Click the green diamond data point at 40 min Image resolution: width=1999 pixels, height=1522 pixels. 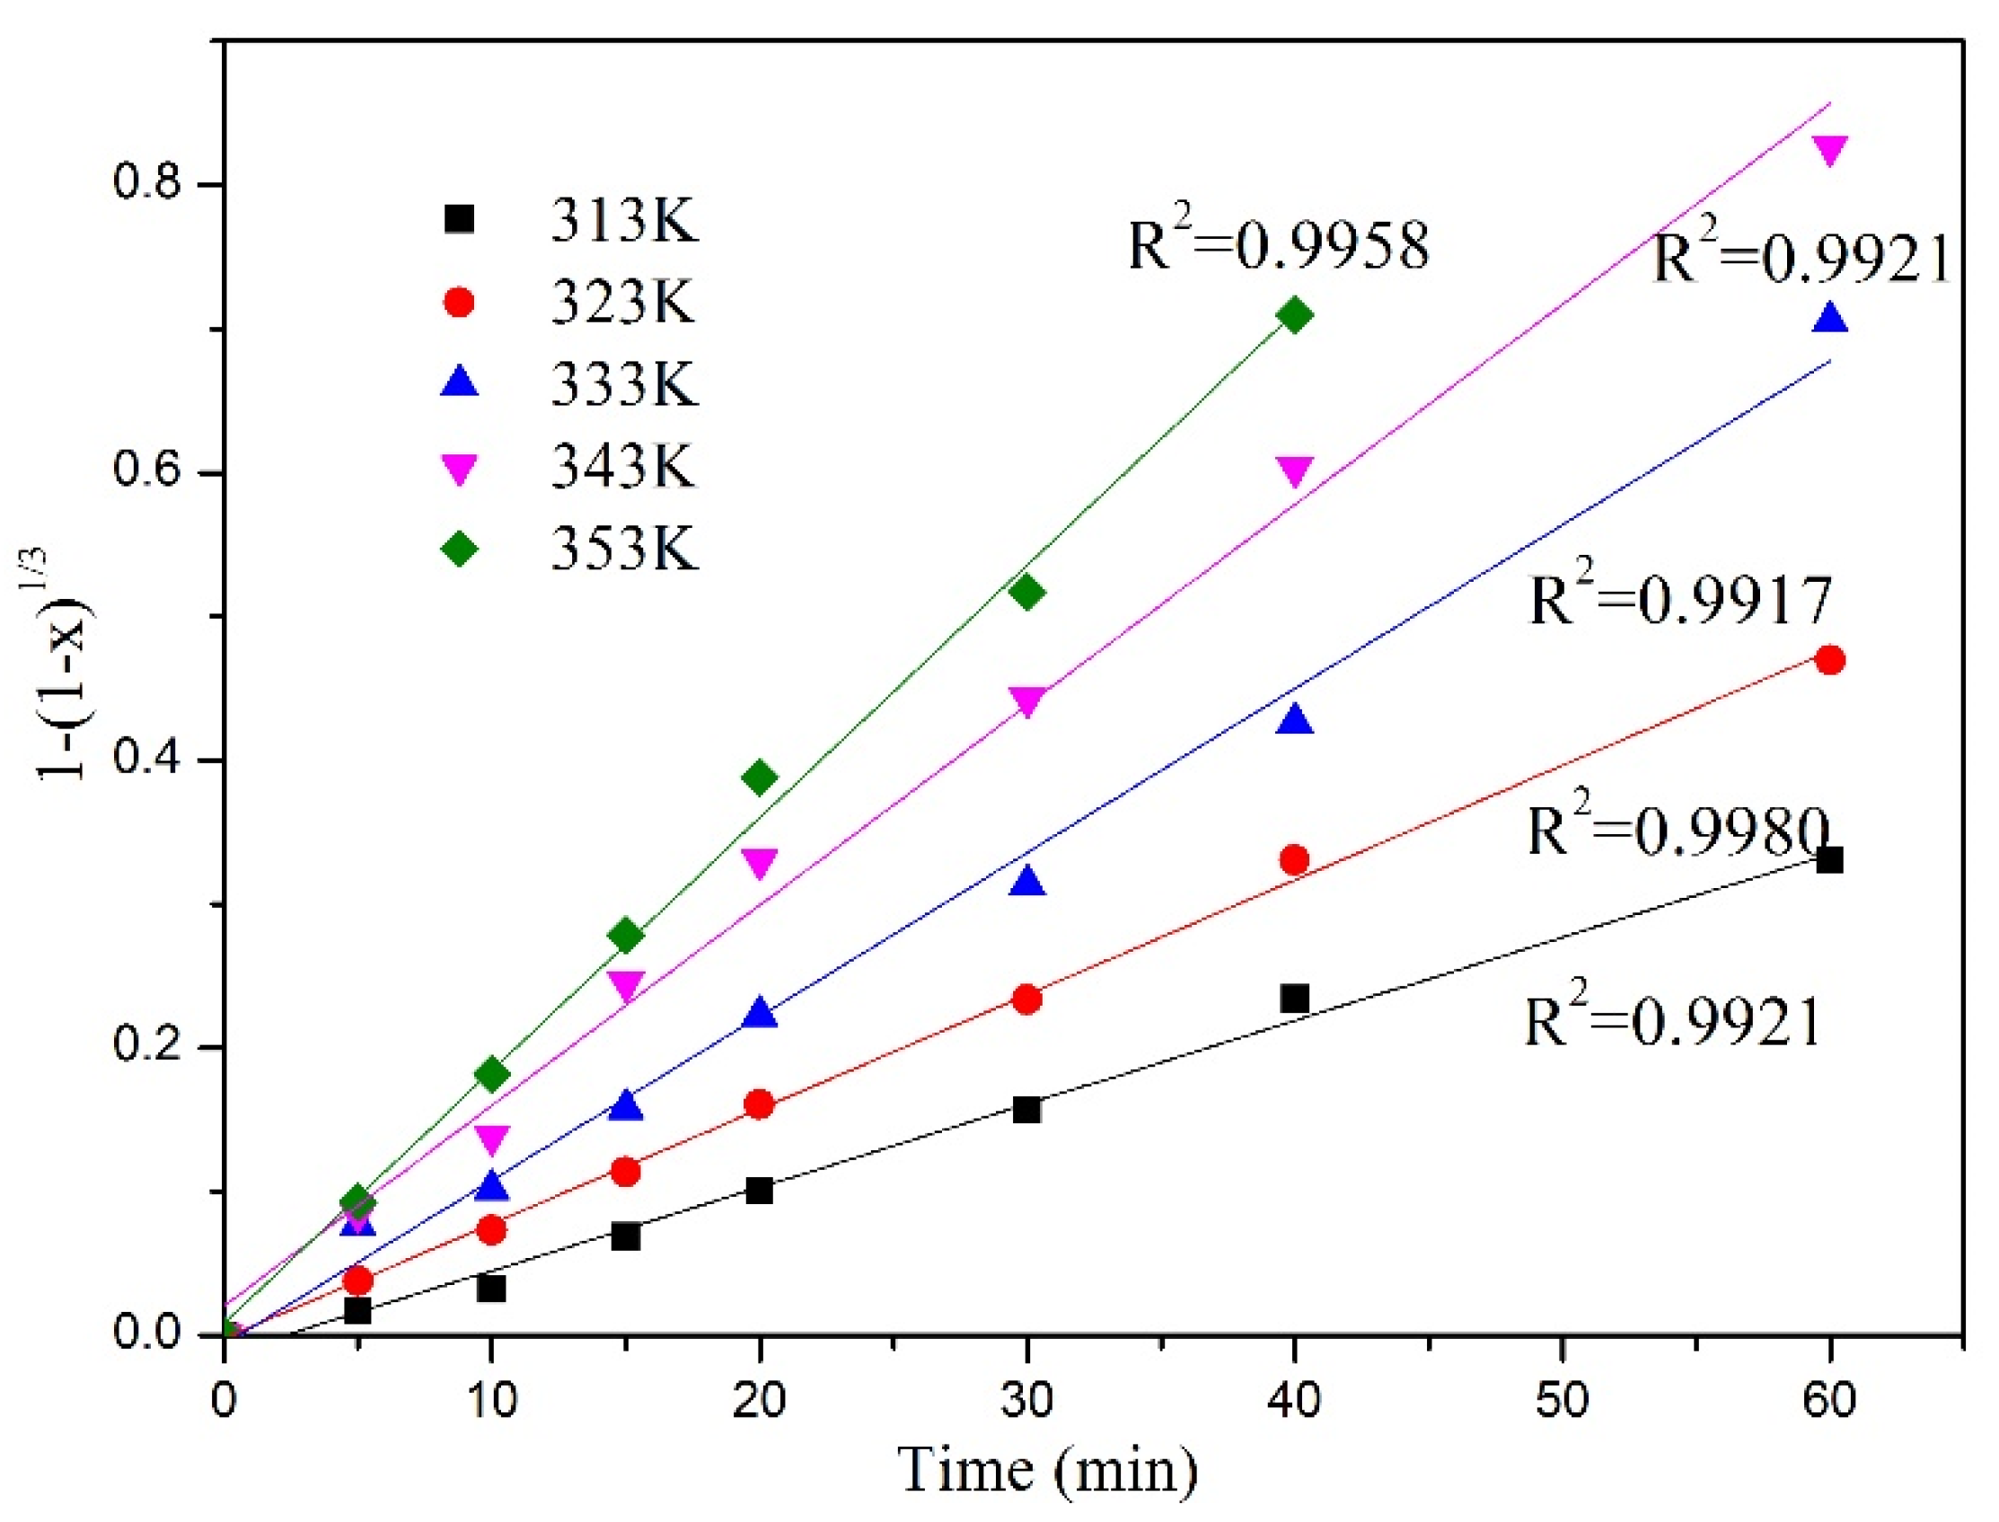1294,315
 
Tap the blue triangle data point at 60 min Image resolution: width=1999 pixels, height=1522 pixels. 1829,319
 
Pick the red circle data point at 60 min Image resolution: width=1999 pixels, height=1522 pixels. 1829,659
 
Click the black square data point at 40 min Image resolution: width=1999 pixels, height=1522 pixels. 1294,999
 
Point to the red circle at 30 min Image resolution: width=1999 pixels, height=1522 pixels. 1026,999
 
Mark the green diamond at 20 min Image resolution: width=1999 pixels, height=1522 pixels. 760,777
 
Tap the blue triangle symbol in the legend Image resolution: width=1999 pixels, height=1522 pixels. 461,382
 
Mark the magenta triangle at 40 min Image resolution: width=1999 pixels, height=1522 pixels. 1294,471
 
